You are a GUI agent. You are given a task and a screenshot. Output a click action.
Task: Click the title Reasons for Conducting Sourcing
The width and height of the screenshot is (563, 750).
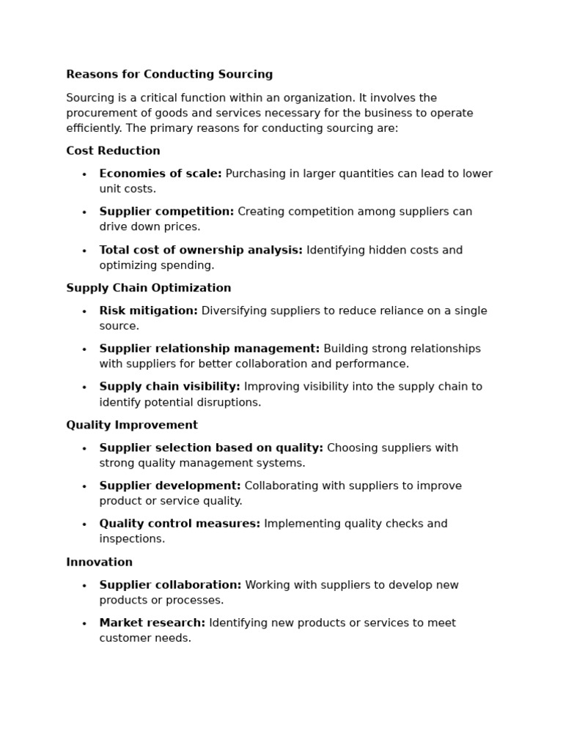(x=169, y=74)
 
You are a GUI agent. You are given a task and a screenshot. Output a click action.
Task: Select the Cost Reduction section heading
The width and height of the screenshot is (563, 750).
(x=113, y=151)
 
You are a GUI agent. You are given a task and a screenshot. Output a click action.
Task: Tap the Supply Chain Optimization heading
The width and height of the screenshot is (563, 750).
(x=148, y=288)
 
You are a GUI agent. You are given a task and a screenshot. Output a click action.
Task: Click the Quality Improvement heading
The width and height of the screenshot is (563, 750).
(x=132, y=425)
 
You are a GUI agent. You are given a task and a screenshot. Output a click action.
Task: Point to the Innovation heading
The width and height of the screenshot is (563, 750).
(x=99, y=562)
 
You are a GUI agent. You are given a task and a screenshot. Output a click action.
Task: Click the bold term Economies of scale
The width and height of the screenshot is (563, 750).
(x=161, y=174)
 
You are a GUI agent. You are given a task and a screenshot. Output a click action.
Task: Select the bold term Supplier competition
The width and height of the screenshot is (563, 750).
(x=166, y=212)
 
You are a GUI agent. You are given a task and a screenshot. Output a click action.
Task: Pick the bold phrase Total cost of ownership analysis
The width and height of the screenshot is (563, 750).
(x=201, y=250)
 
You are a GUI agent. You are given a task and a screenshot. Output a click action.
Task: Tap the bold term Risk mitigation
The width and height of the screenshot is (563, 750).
(x=148, y=311)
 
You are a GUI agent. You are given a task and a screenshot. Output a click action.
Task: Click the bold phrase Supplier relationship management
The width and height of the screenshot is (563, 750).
(x=210, y=349)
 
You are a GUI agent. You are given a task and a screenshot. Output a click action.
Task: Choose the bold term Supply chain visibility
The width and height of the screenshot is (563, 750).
(x=169, y=387)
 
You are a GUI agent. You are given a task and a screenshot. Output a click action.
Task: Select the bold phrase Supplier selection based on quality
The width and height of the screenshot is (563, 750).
(x=211, y=448)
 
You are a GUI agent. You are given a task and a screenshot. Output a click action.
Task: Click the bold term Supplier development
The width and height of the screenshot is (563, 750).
(x=170, y=486)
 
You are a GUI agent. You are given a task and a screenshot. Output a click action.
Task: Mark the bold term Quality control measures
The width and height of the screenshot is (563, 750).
(x=180, y=524)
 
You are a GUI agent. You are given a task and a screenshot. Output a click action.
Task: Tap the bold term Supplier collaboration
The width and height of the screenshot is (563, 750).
(x=170, y=585)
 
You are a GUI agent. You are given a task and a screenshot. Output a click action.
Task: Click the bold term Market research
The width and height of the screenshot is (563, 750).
(x=152, y=623)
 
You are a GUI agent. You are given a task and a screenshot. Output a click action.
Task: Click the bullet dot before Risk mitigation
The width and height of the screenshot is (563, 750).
(x=84, y=311)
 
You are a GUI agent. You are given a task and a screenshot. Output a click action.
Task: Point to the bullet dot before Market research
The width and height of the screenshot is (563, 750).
(x=84, y=624)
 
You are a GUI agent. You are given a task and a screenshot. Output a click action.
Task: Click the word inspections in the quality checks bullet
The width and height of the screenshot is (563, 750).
(x=131, y=539)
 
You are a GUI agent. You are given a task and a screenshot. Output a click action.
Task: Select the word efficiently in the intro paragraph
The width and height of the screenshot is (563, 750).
(x=94, y=128)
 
